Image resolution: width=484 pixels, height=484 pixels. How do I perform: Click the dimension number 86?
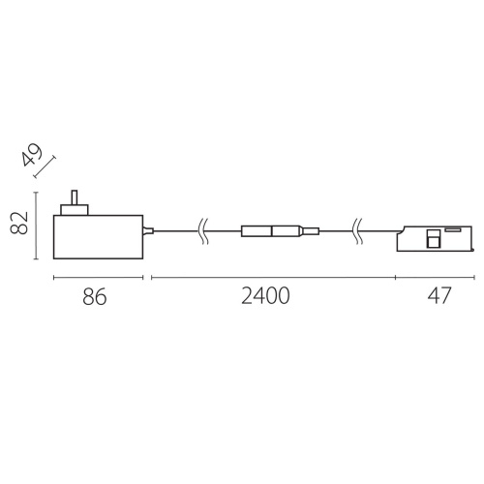click(93, 297)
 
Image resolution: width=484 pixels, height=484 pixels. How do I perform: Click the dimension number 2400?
click(264, 297)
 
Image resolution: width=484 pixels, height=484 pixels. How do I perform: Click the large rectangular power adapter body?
click(97, 236)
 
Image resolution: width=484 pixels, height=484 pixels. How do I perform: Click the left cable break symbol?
click(202, 230)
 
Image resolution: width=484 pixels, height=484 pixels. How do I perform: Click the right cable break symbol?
click(357, 230)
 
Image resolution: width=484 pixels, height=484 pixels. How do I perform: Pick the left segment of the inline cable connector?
click(257, 230)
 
